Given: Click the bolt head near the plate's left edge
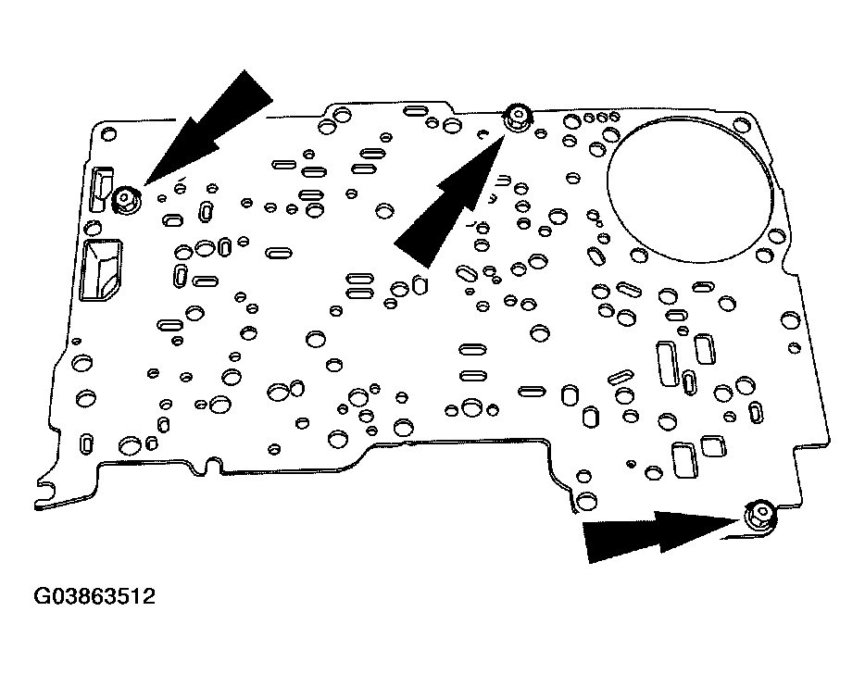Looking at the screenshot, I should pos(124,198).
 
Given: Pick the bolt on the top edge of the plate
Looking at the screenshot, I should pos(515,118).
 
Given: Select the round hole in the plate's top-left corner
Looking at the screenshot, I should pos(109,135).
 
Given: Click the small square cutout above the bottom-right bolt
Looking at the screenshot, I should pos(713,445).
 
